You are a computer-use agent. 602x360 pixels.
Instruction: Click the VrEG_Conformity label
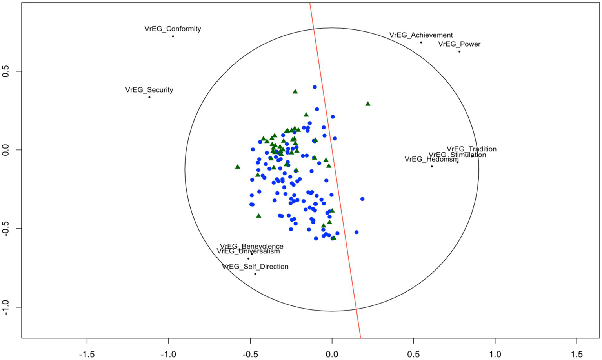click(x=173, y=29)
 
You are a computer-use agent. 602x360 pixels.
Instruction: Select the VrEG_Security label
click(x=149, y=90)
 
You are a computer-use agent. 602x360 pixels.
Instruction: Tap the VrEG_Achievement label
click(x=421, y=35)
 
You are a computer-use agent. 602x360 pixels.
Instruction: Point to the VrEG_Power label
click(x=459, y=44)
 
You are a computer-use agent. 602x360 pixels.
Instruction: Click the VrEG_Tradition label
click(x=471, y=149)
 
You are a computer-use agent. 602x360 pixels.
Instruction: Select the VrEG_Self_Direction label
click(x=255, y=267)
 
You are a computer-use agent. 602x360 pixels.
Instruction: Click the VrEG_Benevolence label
click(x=251, y=247)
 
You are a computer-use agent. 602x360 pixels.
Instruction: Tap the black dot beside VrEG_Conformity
click(x=173, y=36)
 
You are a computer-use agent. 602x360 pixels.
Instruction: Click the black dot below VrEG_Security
click(x=149, y=97)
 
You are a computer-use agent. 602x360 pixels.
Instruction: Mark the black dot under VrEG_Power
click(x=460, y=52)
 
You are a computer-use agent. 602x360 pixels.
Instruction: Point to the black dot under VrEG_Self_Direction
click(x=255, y=274)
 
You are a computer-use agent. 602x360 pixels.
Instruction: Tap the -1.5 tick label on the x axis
click(x=87, y=355)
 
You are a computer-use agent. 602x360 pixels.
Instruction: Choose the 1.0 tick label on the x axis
click(x=495, y=355)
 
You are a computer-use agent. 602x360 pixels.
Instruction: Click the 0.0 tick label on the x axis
click(x=332, y=355)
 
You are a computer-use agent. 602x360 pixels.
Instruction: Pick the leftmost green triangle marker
click(x=238, y=167)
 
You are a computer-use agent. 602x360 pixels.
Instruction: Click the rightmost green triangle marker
click(x=368, y=104)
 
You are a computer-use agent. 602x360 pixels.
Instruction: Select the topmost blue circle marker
click(x=315, y=87)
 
